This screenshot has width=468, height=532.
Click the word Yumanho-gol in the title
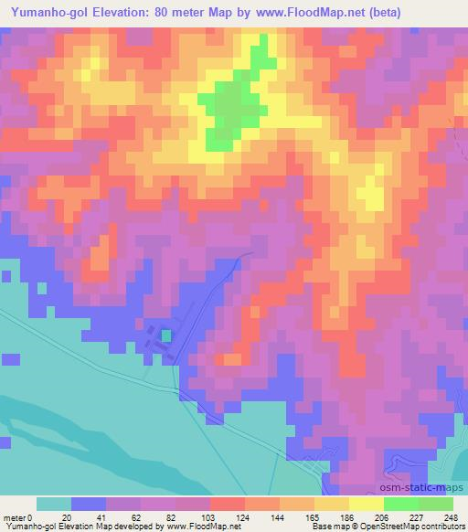pos(50,11)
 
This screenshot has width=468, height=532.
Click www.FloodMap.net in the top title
pos(303,11)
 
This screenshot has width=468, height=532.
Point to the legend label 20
pos(67,517)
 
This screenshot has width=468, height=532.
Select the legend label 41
pos(101,517)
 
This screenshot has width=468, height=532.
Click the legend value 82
pos(171,517)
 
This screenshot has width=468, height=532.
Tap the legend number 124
pos(241,517)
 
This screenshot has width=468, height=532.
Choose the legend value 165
pos(311,517)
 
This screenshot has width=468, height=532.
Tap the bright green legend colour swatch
pos(400,504)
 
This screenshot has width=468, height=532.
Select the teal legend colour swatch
pos(54,504)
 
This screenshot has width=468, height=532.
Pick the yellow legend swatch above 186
pos(331,504)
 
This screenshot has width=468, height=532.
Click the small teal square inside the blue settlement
pos(165,335)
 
